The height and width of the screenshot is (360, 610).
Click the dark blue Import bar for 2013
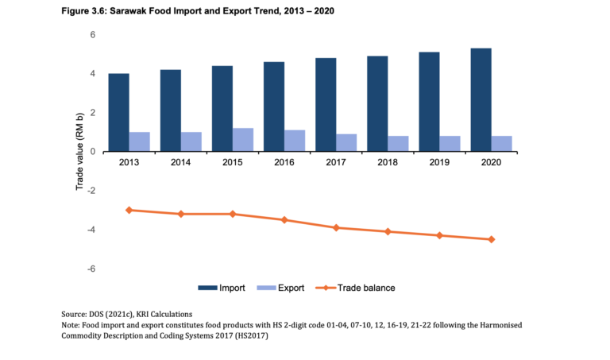pos(119,112)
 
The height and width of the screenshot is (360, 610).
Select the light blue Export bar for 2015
pos(242,140)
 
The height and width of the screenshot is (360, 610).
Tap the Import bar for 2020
pos(481,99)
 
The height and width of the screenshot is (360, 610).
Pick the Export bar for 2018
pos(398,144)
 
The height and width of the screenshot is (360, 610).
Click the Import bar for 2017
pos(326,104)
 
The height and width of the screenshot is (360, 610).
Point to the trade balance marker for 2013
pos(129,210)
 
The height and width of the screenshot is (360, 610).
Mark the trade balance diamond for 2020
pos(492,239)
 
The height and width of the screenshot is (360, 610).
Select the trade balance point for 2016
pos(284,219)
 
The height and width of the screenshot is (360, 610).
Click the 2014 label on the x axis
pos(181,161)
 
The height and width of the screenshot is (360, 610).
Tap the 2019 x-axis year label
pos(439,161)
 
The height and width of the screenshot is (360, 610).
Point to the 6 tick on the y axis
pos(92,35)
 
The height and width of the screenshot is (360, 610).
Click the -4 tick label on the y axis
pos(91,230)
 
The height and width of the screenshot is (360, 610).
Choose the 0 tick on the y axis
pos(92,152)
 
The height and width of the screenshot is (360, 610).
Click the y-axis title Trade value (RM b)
pos(79,151)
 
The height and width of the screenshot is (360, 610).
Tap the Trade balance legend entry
pos(366,288)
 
